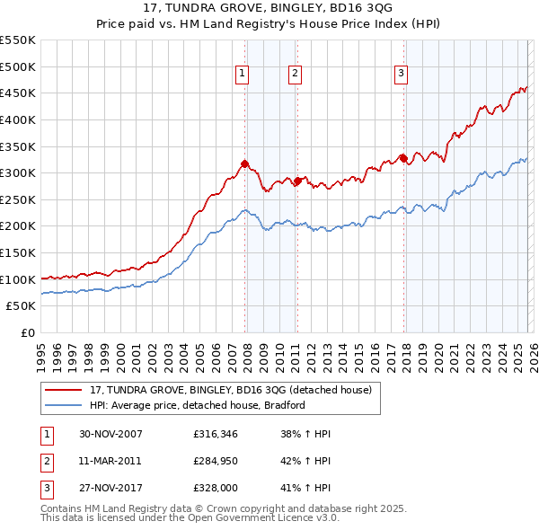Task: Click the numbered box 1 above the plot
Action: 243,75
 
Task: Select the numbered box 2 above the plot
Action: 295,75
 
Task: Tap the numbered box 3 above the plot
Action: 401,75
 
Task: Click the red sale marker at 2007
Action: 245,163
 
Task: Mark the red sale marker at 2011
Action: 297,181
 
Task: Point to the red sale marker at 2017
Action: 403,158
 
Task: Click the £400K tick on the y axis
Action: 18,119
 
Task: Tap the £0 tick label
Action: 27,333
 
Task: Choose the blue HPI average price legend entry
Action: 198,405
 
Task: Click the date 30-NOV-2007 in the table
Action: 110,434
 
